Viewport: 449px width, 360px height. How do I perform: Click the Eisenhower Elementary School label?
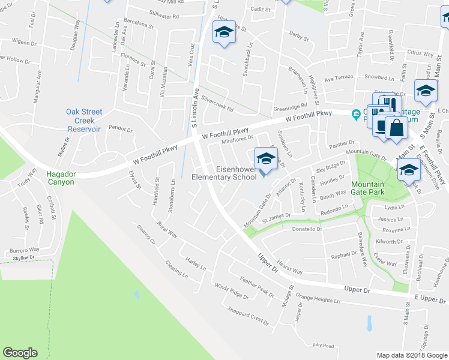point(228,172)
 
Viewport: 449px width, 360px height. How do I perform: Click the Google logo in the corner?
point(20,353)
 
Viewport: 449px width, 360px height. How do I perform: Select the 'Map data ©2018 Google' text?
point(412,355)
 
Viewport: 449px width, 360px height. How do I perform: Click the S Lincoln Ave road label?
point(195,106)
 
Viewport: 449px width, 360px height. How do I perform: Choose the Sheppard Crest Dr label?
point(249,314)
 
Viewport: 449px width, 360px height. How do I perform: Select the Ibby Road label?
point(323,346)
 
